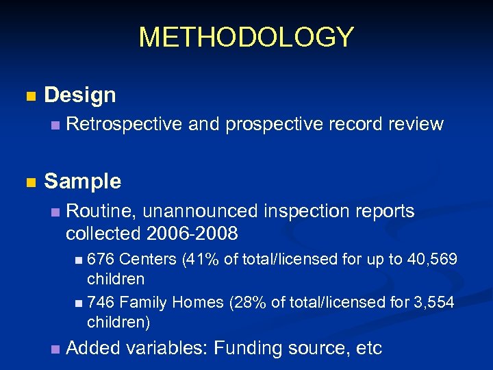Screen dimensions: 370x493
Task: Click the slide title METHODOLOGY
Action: coord(246,37)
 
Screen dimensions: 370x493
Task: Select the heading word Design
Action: coord(80,95)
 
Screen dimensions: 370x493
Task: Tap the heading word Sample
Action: coord(82,182)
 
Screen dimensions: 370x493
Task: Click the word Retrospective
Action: coord(124,124)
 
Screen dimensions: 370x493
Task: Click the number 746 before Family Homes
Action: coord(101,303)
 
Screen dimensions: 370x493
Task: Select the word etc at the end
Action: coord(368,349)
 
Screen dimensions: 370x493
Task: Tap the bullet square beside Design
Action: coord(29,96)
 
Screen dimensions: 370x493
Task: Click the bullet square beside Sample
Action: coord(29,182)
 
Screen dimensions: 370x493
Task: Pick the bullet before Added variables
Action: coord(55,349)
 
